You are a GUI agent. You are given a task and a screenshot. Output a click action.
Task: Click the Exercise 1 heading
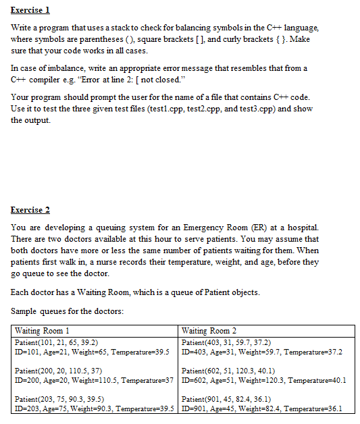click(31, 11)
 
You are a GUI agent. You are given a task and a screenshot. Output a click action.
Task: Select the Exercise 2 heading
click(31, 210)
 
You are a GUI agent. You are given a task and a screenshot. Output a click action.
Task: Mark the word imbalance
click(61, 68)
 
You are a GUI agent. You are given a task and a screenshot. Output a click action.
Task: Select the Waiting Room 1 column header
click(43, 331)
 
